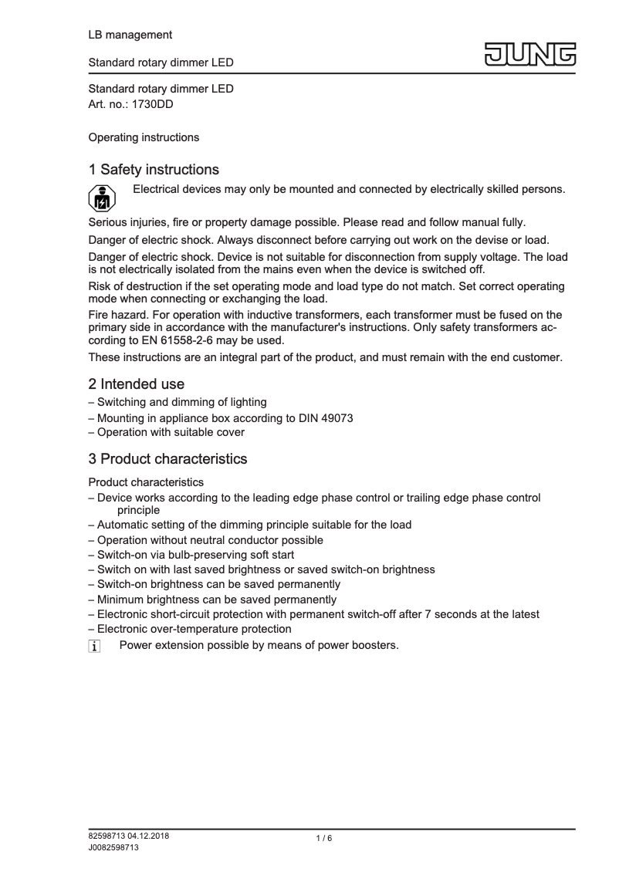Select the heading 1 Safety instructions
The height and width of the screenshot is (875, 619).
click(154, 169)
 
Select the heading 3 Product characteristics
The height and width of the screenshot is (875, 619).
click(167, 459)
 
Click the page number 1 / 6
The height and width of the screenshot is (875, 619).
click(324, 839)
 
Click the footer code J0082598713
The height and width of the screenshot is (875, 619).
click(114, 847)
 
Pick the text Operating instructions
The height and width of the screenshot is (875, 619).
click(144, 137)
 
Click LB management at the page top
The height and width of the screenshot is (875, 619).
click(130, 35)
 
